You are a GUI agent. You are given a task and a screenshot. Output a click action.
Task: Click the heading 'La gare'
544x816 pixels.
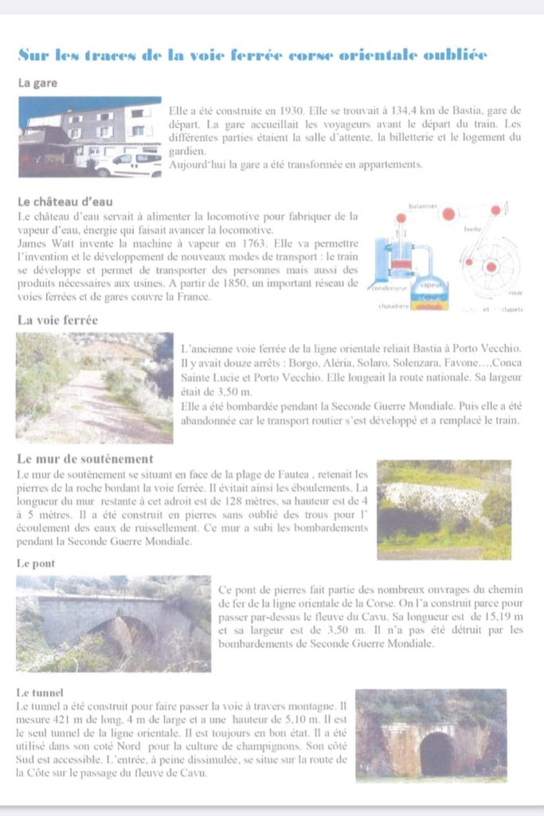[x=37, y=82]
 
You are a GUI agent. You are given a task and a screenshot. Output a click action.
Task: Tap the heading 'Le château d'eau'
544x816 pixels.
[x=61, y=202]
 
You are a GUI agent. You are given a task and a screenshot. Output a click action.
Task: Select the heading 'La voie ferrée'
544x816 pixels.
[x=57, y=320]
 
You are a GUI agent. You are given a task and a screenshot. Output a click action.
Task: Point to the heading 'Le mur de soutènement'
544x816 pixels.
[x=84, y=459]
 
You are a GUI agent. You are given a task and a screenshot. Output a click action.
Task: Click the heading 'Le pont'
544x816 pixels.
[x=35, y=563]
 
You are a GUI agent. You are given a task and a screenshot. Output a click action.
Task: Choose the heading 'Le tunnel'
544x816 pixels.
[x=41, y=692]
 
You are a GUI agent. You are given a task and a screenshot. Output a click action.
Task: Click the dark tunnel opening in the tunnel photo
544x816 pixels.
[x=436, y=753]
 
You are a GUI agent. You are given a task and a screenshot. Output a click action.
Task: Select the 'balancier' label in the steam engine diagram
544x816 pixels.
[x=423, y=206]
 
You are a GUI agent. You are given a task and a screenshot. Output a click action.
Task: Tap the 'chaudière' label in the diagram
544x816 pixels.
[x=393, y=305]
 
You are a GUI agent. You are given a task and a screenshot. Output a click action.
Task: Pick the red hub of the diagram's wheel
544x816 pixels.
[x=491, y=266]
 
